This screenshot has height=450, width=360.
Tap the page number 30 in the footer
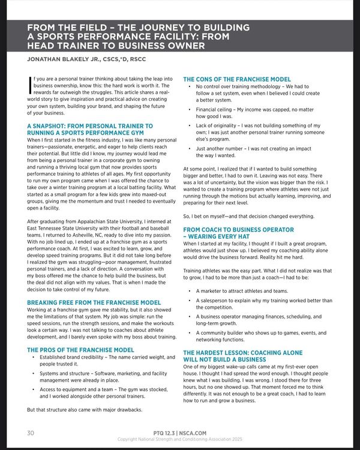coord(30,432)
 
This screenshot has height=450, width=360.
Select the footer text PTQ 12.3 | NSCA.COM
coord(179,432)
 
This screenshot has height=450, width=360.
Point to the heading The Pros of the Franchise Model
coord(80,349)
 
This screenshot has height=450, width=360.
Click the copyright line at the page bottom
coord(179,439)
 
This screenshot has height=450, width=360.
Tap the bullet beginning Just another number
coord(253,152)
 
